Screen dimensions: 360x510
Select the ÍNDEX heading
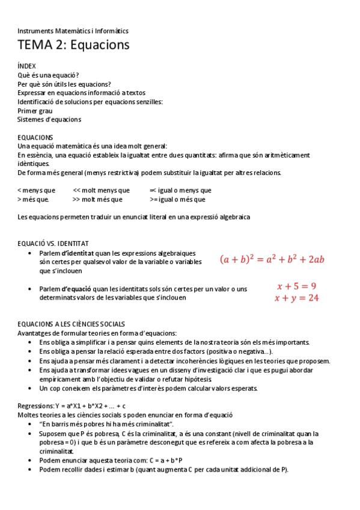point(26,66)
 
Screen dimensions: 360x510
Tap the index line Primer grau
point(35,111)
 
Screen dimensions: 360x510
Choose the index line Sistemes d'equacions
point(49,119)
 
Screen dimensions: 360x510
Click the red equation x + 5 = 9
point(296,286)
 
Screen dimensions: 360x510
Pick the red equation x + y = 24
point(296,298)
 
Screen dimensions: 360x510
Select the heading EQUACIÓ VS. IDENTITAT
point(53,244)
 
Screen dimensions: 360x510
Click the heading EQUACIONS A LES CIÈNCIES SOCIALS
point(72,324)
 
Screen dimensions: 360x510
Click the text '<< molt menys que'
point(97,191)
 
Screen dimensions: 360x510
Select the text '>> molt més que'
point(97,200)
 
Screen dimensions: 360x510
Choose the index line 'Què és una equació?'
point(49,75)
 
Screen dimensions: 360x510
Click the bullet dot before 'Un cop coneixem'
point(31,388)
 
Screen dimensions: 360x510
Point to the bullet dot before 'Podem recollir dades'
point(31,470)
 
